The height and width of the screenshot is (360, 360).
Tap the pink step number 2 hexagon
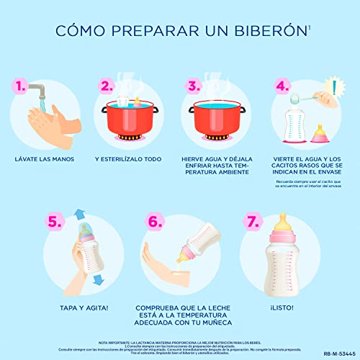(107, 86)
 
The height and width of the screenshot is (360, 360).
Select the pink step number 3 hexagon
(193, 86)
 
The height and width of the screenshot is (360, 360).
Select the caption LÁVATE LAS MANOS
(48, 158)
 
